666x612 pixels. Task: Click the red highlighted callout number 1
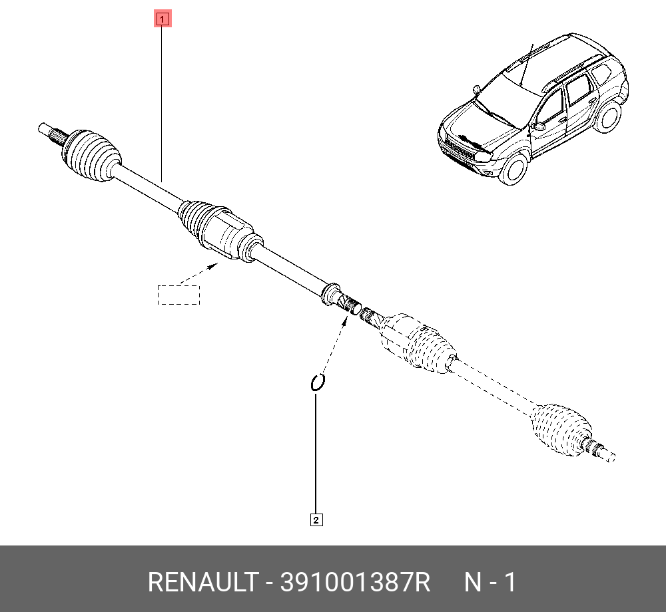click(x=163, y=19)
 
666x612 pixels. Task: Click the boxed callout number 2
click(x=316, y=520)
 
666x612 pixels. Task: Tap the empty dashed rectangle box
click(x=178, y=295)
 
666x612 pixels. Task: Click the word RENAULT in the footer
click(x=203, y=582)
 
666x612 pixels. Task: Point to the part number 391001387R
click(x=356, y=582)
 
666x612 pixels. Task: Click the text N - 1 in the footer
click(x=490, y=582)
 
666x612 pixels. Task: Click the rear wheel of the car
click(x=607, y=114)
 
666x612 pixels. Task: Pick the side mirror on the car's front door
click(x=538, y=126)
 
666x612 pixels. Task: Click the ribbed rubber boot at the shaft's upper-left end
click(x=91, y=156)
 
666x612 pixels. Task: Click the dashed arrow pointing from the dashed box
click(x=198, y=273)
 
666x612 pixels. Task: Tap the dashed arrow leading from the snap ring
click(x=336, y=346)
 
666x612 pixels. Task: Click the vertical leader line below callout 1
click(x=162, y=104)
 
